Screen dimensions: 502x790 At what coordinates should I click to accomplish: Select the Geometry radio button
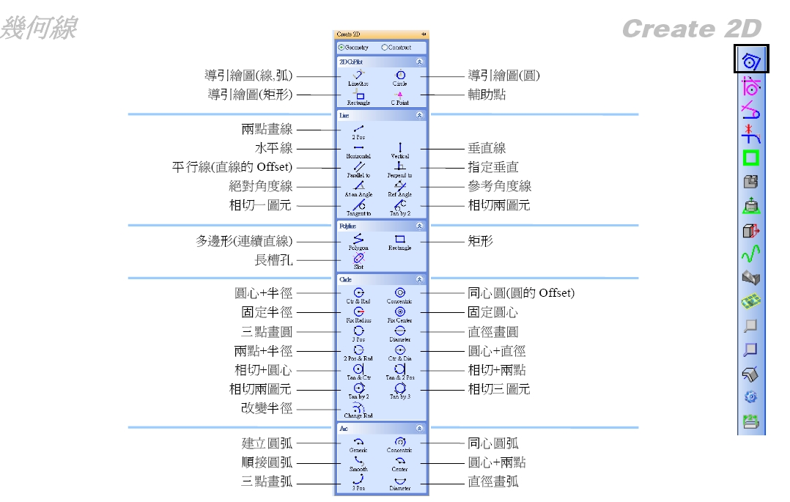click(340, 48)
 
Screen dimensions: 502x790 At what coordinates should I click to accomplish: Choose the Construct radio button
click(384, 48)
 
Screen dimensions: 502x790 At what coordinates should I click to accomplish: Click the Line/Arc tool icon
click(358, 75)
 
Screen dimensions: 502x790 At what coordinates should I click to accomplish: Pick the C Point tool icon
click(399, 95)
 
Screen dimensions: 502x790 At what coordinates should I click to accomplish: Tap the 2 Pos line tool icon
click(358, 129)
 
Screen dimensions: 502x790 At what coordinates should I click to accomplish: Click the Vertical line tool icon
click(399, 148)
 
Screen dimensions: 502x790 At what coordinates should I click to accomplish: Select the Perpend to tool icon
click(399, 167)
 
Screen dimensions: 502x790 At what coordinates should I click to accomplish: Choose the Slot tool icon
click(358, 258)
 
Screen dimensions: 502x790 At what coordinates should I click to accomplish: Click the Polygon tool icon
click(358, 239)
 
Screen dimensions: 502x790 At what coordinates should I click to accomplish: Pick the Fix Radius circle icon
click(358, 311)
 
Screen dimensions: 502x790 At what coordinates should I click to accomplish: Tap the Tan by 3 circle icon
click(399, 388)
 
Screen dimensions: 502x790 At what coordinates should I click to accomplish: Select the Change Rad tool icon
click(358, 407)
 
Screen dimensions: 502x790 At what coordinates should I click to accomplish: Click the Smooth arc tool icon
click(358, 461)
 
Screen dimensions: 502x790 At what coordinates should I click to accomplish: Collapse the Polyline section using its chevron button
click(418, 227)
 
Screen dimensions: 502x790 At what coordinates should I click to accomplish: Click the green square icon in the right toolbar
click(750, 158)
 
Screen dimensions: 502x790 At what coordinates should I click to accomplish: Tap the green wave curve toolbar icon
click(750, 254)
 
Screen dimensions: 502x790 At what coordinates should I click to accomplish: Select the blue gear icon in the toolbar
click(750, 397)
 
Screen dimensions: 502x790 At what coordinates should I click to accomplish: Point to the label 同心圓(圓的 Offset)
click(521, 293)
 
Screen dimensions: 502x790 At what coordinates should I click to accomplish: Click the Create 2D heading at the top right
click(691, 29)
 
